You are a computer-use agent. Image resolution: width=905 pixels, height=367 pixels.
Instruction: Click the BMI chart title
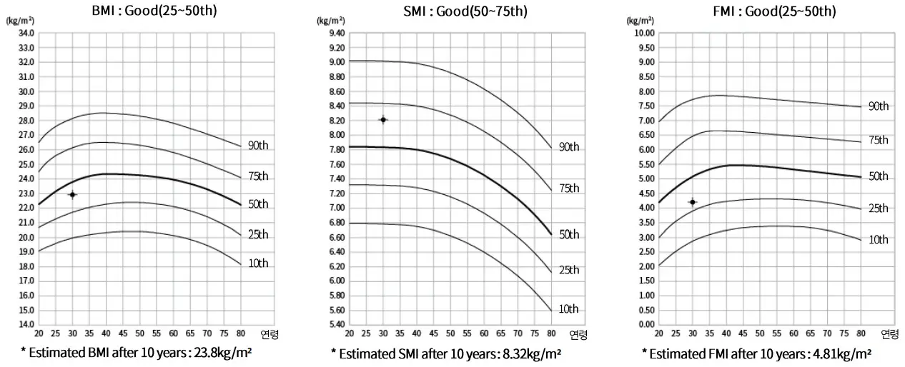coord(153,11)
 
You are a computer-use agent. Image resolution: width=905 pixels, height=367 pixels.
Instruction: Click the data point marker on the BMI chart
coord(72,194)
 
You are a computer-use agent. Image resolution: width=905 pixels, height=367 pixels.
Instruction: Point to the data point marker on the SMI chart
coord(383,119)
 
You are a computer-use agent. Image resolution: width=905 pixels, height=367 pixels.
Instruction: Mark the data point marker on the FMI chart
coord(693,202)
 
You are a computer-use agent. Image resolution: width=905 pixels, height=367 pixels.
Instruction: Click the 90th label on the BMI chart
coord(258,146)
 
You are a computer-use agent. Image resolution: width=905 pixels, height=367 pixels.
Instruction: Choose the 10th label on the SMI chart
coord(568,309)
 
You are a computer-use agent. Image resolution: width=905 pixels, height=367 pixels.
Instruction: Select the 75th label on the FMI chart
coord(878,140)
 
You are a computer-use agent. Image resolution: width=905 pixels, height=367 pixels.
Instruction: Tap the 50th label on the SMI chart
coord(568,235)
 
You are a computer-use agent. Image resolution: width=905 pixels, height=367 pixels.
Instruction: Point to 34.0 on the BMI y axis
coord(26,33)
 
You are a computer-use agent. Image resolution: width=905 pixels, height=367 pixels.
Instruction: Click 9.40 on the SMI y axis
coord(335,33)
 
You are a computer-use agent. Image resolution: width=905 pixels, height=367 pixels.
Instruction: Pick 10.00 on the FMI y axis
coord(645,33)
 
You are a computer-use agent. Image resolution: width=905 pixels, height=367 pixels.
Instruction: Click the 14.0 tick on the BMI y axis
coord(26,324)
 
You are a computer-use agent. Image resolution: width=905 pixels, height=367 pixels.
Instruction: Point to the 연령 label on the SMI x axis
coord(578,334)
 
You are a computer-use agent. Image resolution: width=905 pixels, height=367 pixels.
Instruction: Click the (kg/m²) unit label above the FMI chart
coord(639,20)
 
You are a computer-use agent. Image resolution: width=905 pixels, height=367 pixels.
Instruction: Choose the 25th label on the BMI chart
coord(258,235)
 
